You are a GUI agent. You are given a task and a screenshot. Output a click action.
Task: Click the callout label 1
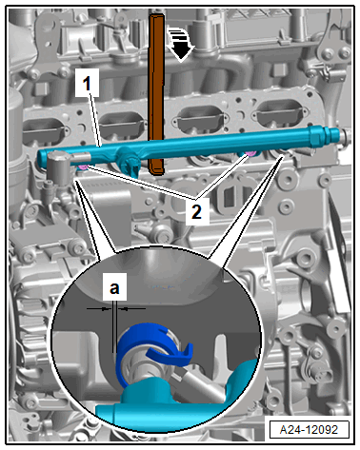click(x=87, y=84)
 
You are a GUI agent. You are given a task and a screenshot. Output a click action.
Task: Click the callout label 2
click(x=197, y=211)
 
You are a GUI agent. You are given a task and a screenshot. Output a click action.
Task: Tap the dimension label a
click(x=114, y=287)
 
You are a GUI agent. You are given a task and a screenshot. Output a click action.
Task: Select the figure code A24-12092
click(x=309, y=429)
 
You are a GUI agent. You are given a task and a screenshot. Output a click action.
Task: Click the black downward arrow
click(x=180, y=45)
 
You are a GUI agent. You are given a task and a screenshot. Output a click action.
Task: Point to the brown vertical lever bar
click(x=157, y=94)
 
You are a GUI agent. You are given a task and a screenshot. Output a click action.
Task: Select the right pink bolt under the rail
click(x=250, y=154)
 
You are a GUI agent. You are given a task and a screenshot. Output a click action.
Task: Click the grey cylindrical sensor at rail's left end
click(x=59, y=167)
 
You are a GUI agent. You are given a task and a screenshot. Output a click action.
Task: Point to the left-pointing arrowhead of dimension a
click(x=126, y=308)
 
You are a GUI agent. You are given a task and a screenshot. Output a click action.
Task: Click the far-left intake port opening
click(x=44, y=131)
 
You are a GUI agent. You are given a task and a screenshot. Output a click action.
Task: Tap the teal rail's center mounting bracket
click(x=130, y=161)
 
